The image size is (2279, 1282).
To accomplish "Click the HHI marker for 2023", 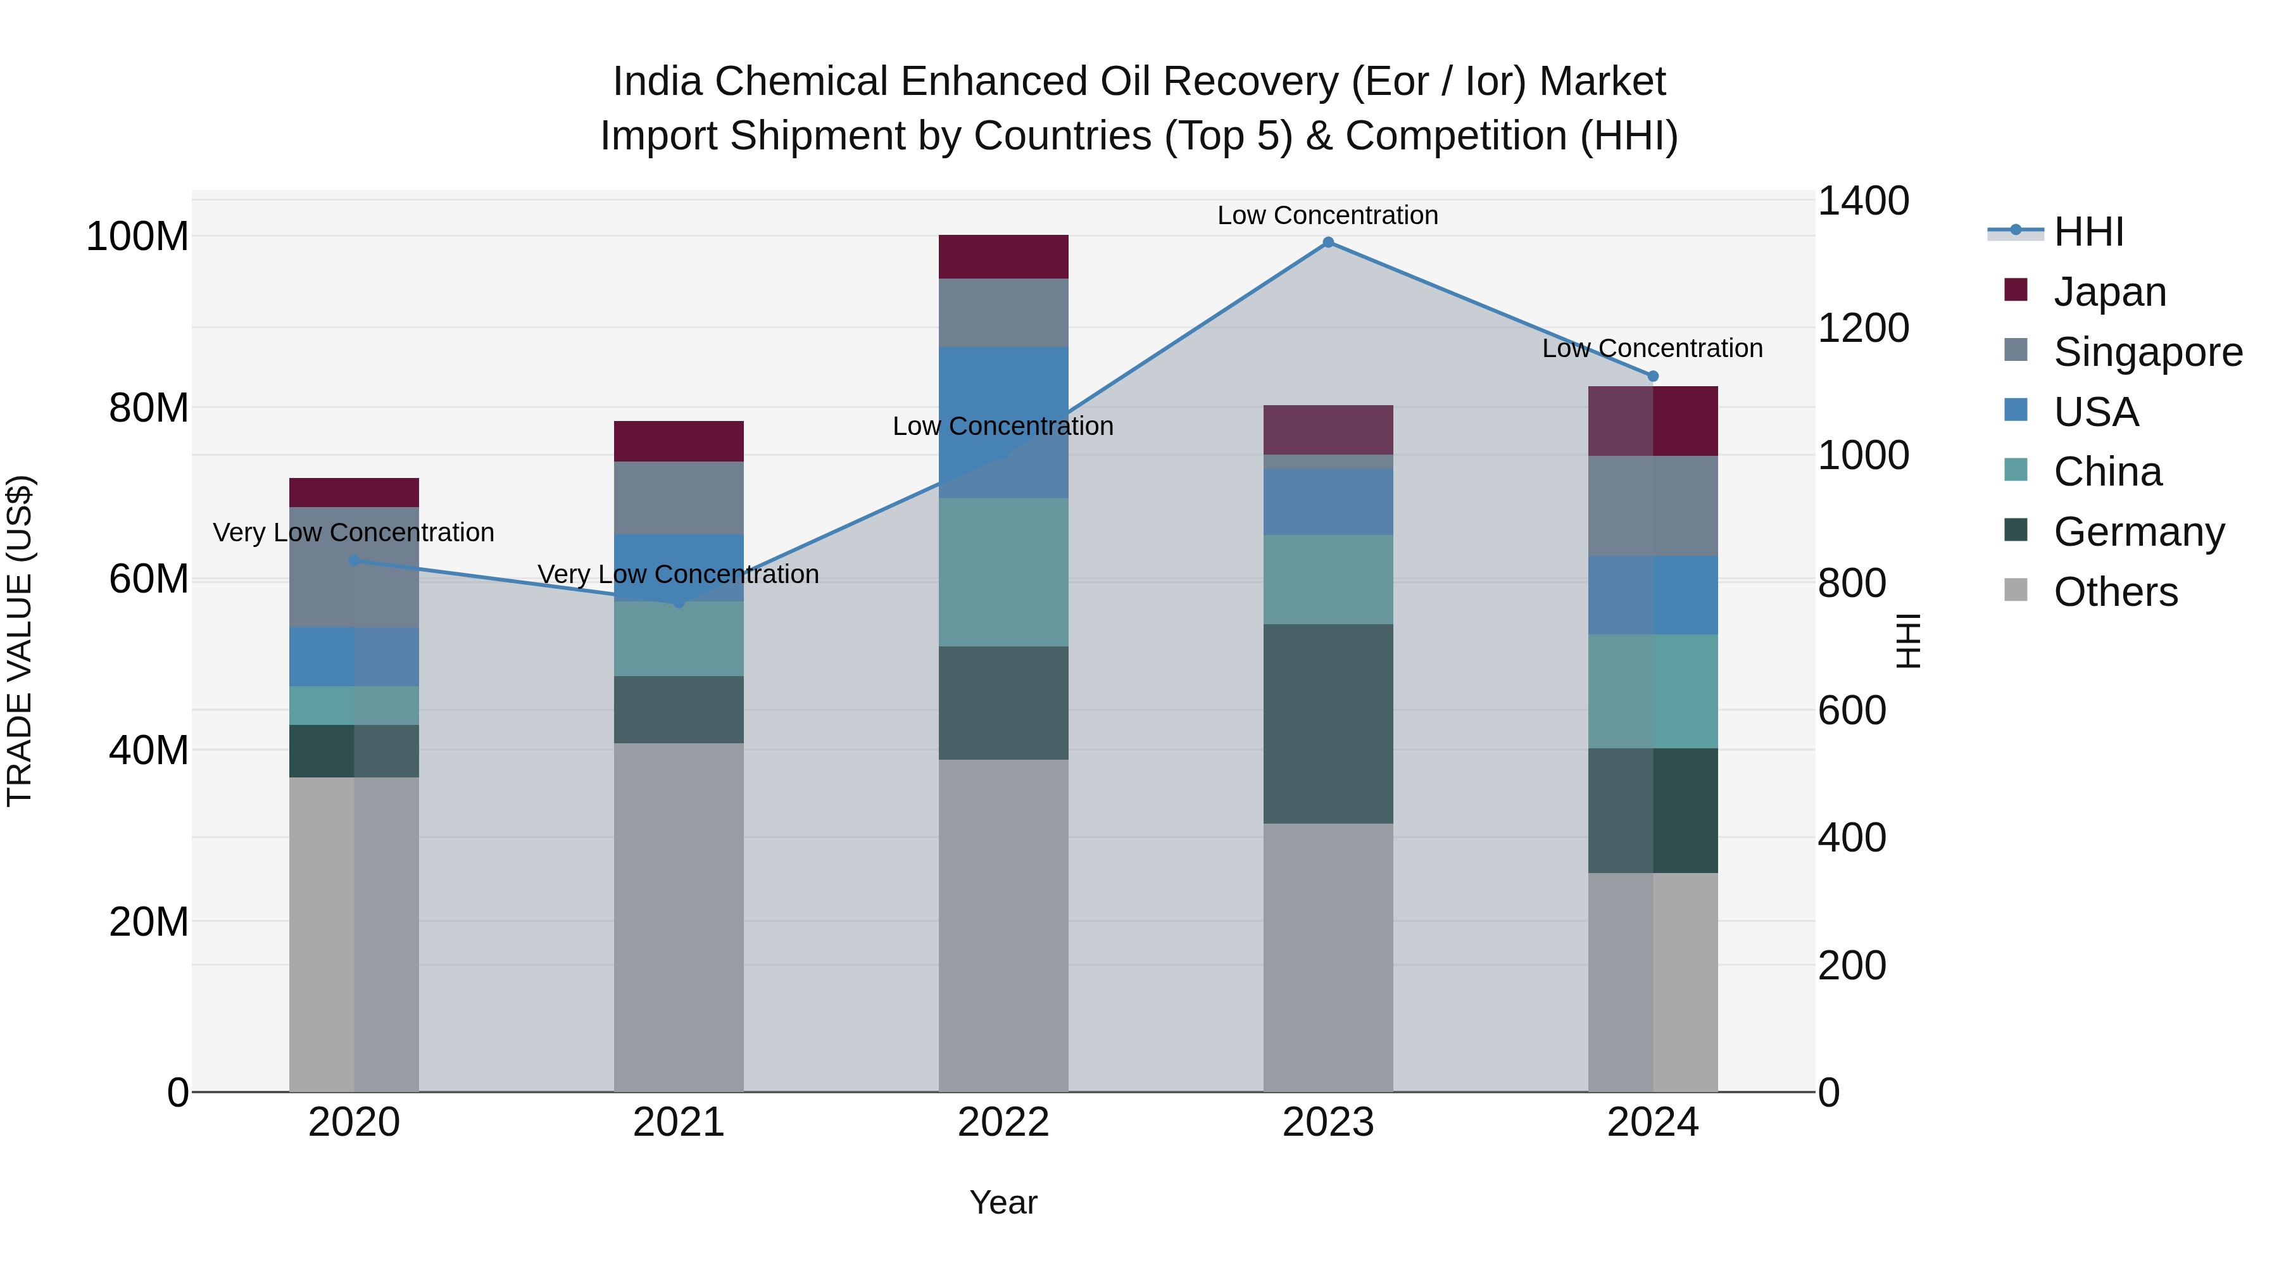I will (1328, 242).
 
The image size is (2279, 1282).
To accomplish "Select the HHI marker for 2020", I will (354, 560).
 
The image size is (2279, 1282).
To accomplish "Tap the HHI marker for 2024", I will (1653, 376).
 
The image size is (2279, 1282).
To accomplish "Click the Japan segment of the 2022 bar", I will (1003, 256).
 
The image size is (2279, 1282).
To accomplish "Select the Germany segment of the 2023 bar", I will (1328, 724).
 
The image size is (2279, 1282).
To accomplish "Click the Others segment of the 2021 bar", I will (679, 917).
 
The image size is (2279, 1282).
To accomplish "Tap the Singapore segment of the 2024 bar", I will (1653, 506).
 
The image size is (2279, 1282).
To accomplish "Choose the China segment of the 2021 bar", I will (679, 639).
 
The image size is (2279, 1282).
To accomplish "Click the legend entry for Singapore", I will (2147, 352).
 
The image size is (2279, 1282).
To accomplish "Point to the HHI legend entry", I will (2088, 232).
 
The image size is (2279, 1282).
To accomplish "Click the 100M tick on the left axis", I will (137, 237).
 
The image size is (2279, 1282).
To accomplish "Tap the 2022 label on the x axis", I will (1003, 1122).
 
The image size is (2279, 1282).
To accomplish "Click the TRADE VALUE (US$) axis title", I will (20, 641).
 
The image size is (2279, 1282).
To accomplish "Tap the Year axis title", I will (1003, 1202).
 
